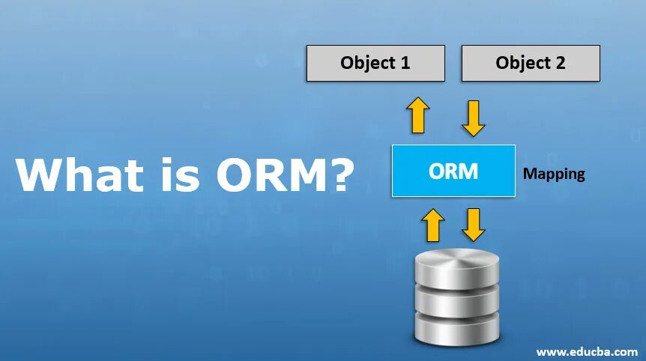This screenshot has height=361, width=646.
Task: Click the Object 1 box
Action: tap(375, 63)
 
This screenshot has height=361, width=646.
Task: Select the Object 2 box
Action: tap(531, 63)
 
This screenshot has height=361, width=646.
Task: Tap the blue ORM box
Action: tap(453, 171)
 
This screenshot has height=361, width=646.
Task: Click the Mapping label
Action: tap(554, 174)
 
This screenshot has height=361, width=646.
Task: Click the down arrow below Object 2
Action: tap(474, 118)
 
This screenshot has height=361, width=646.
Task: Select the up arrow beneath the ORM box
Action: tap(433, 225)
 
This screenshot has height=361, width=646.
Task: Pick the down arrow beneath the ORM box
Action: tap(474, 225)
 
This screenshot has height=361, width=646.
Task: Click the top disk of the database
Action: tap(456, 264)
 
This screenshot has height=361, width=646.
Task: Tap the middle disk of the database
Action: tap(456, 300)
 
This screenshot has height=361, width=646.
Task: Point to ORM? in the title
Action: tap(285, 175)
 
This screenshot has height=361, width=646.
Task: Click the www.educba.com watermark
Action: tap(587, 351)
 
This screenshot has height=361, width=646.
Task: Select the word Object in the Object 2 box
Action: tap(521, 63)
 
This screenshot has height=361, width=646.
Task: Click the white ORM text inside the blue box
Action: tap(453, 171)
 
